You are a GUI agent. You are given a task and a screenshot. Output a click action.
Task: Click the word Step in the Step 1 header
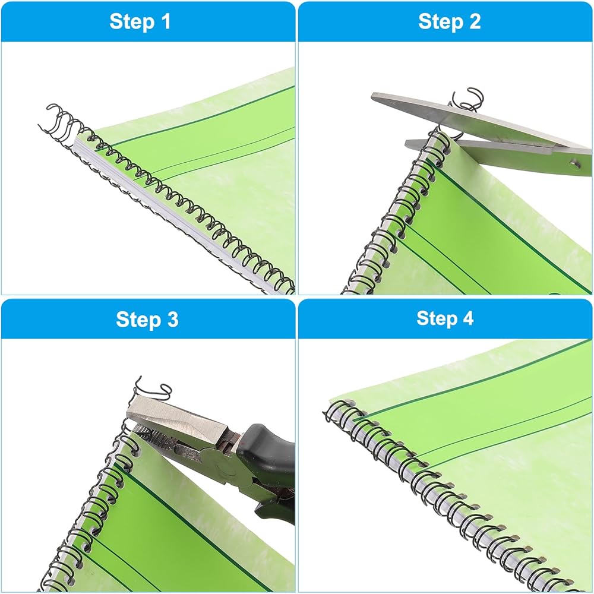pos(131,21)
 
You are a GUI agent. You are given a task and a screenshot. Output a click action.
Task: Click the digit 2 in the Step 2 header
pos(475,21)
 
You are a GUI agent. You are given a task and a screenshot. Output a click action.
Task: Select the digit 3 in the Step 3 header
pos(172,319)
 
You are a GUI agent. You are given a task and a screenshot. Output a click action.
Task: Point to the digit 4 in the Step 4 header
pos(467,318)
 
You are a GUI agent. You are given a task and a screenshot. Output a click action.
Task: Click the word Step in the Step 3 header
pos(138,320)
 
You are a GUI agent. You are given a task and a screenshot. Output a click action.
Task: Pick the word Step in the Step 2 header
pos(440,21)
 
